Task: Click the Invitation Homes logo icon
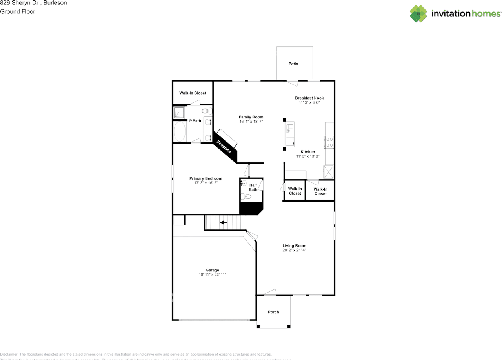(x=418, y=14)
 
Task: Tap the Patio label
(x=293, y=64)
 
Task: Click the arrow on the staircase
(x=224, y=223)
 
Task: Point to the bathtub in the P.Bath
(x=180, y=132)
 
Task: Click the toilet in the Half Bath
(x=246, y=196)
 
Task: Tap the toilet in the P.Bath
(x=207, y=111)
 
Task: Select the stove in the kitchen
(x=329, y=142)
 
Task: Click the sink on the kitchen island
(x=289, y=128)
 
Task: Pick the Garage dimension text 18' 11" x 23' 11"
(x=212, y=275)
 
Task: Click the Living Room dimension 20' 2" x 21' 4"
(x=294, y=250)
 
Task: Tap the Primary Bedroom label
(x=206, y=178)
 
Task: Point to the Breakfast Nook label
(x=309, y=98)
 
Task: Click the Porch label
(x=273, y=312)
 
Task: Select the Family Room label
(x=251, y=117)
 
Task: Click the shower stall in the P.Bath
(x=179, y=113)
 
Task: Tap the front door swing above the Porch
(x=270, y=292)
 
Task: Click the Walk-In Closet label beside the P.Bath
(x=193, y=93)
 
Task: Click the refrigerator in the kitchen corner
(x=328, y=172)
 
